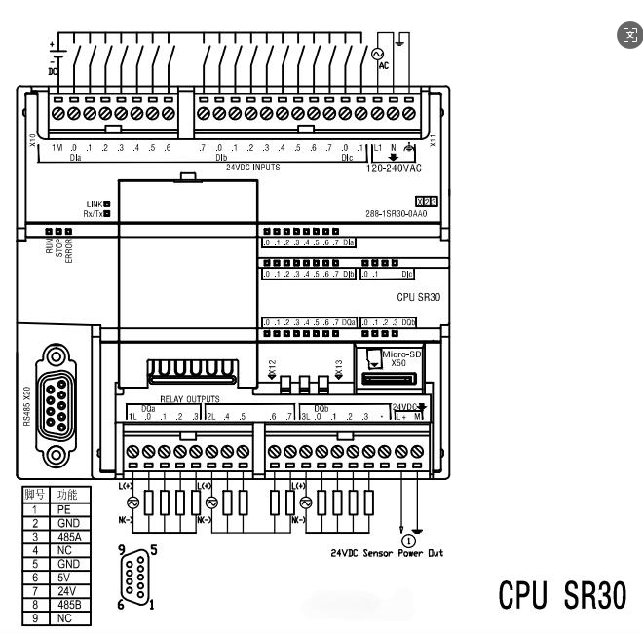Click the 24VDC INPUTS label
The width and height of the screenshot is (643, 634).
tap(253, 168)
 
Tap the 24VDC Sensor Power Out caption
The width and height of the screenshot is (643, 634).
tap(387, 553)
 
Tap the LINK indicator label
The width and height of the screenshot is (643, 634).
tap(94, 204)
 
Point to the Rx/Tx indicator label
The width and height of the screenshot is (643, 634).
tap(94, 212)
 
